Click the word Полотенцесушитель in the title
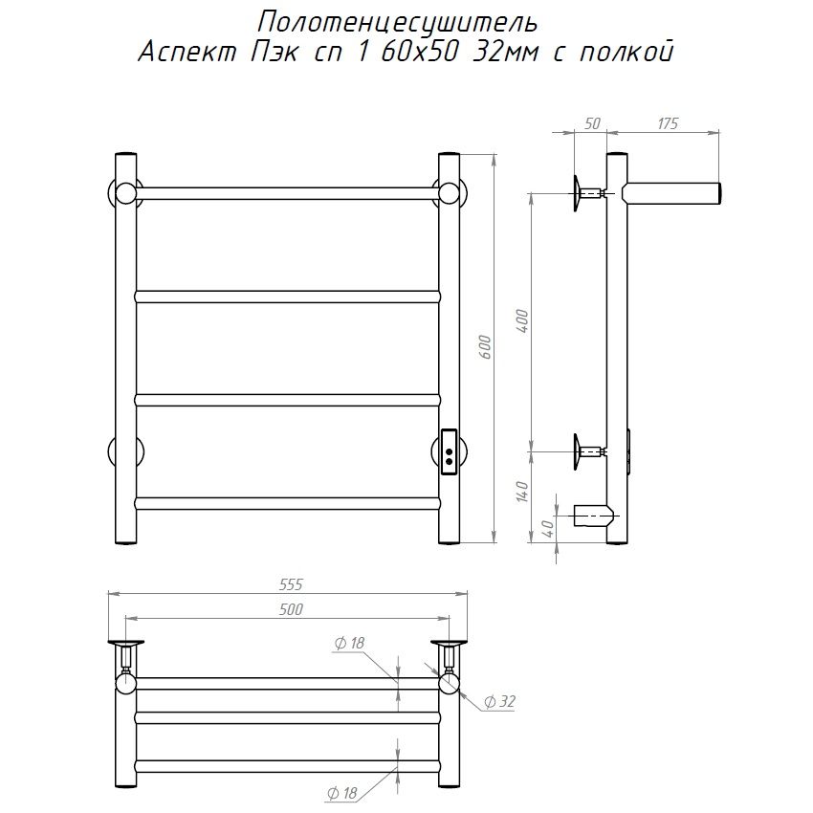(397, 24)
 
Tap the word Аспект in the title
(187, 53)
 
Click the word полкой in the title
(626, 52)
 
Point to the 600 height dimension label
(485, 348)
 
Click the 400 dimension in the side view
(522, 321)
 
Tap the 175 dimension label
(668, 124)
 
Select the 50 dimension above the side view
(592, 124)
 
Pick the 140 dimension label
(522, 492)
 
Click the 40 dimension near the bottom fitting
(547, 528)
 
